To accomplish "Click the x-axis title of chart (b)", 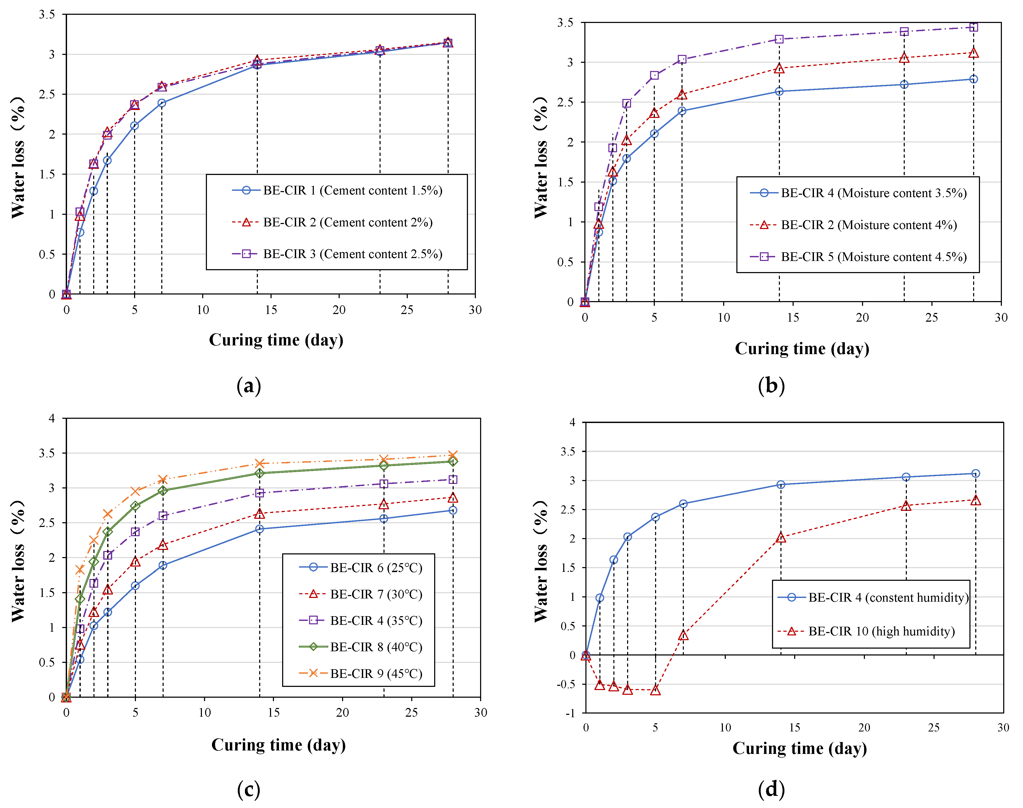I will (x=802, y=349).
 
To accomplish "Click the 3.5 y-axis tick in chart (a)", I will (x=47, y=15).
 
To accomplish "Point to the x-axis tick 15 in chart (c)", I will (x=273, y=712).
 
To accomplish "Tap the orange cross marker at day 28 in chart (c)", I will (x=453, y=455).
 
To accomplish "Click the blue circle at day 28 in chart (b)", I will (x=973, y=79).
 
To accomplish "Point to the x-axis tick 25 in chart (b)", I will (x=931, y=317).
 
